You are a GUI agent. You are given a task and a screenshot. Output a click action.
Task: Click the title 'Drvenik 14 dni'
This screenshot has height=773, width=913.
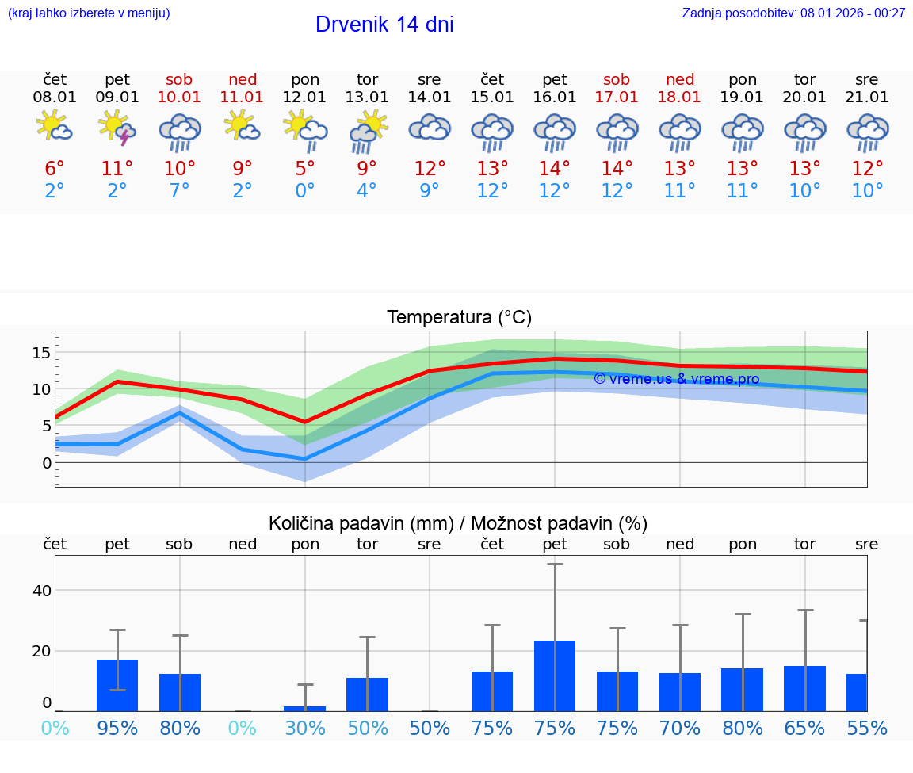tap(384, 25)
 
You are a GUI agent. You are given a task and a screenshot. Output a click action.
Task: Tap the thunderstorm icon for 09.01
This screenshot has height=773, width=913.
tap(117, 128)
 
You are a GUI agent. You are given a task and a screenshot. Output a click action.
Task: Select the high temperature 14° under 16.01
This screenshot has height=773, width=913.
tap(554, 168)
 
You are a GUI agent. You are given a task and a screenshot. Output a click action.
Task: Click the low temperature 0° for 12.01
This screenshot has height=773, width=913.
tap(305, 191)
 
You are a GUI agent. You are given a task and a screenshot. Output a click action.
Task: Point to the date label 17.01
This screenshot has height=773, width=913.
tap(617, 97)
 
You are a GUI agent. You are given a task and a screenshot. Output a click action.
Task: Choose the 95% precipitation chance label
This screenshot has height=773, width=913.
tap(117, 728)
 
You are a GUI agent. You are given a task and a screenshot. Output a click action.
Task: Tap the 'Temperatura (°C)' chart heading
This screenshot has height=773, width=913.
tap(459, 318)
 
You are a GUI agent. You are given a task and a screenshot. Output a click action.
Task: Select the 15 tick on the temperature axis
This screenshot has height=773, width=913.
tap(42, 353)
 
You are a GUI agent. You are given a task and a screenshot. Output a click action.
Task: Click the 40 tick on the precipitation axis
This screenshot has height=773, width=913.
tap(42, 591)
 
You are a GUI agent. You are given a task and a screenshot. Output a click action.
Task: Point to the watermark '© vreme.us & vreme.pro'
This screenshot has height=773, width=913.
tap(676, 379)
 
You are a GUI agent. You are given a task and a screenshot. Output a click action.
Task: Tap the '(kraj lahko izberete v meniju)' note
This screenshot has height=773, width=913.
tap(89, 13)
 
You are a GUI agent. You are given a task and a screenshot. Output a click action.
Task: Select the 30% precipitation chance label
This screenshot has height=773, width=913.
tap(305, 728)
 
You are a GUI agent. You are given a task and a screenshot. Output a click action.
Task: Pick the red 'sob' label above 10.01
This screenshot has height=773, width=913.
tap(179, 79)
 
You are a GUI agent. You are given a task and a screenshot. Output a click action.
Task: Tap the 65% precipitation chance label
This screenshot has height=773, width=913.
tap(804, 728)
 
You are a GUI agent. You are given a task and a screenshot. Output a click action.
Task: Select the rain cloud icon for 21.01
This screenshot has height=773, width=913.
tap(867, 132)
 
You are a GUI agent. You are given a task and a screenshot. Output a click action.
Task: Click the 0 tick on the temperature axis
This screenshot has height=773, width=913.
tap(47, 462)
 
